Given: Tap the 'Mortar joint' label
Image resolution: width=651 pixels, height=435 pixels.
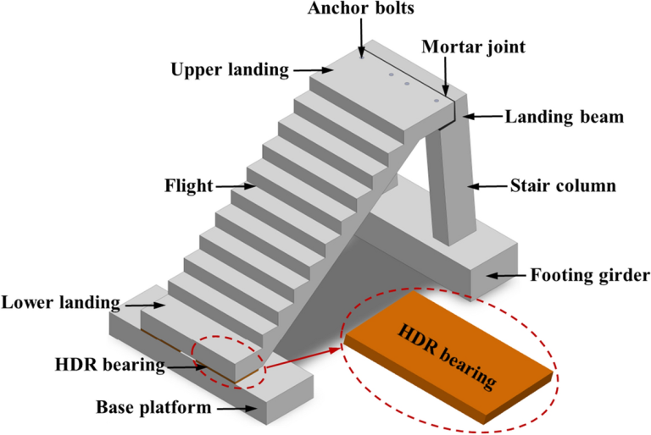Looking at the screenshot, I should (x=474, y=48).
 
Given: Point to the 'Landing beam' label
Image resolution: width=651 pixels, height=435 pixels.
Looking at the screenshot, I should (x=565, y=117).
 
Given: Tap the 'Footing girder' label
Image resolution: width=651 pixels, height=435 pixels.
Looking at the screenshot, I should (x=587, y=274).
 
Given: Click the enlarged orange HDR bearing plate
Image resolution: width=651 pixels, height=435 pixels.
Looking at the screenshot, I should (x=449, y=355).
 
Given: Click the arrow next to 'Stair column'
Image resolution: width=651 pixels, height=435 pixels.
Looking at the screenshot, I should (x=484, y=184).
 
